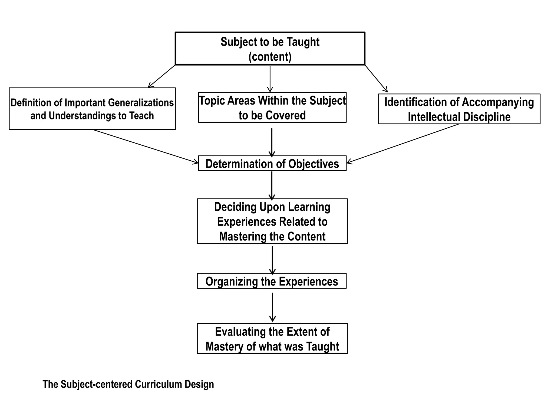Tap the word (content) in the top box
coord(270,57)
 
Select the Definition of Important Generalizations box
coord(92,109)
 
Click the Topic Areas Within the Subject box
coord(272,108)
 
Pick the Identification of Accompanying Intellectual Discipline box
coord(459,109)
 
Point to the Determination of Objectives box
coord(272,164)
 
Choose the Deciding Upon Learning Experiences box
coord(272,221)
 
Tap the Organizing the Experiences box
coord(272,281)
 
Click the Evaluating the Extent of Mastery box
coord(272,339)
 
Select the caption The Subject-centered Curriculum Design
coord(128,384)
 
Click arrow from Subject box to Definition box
coord(161,76)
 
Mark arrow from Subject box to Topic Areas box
coord(270,79)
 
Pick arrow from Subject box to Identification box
coord(376,79)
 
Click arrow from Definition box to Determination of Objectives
coord(145,146)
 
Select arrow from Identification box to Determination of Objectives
coord(403,144)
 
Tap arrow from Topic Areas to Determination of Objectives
coord(272,142)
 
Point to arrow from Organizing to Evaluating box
coord(272,307)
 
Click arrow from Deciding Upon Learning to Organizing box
coord(272,259)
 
